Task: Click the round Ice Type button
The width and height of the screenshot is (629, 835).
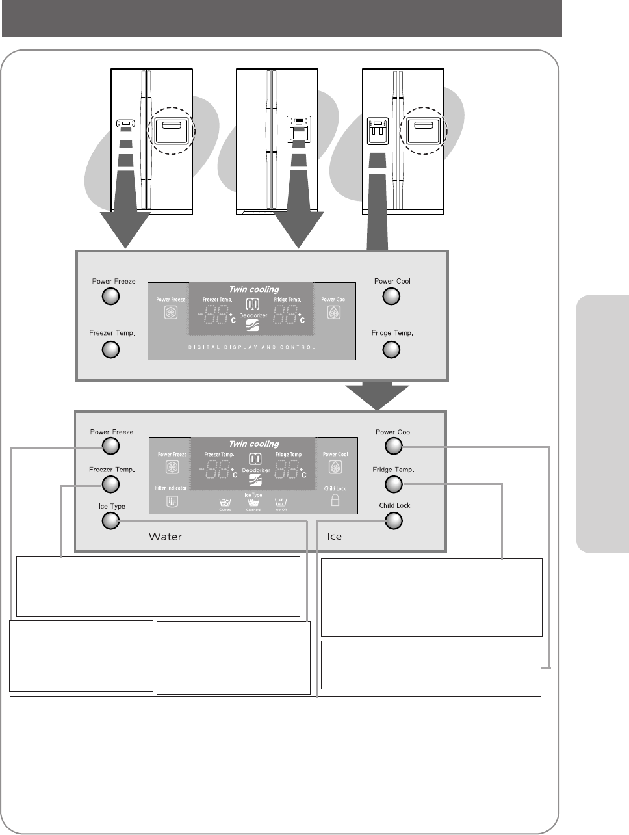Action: [x=111, y=521]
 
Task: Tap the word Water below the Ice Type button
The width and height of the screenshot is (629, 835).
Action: [x=165, y=537]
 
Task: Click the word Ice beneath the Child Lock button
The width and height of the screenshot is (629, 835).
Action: [x=334, y=537]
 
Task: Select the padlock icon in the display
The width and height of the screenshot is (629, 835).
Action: [x=335, y=501]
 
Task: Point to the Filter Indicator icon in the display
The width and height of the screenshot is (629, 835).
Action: [x=172, y=501]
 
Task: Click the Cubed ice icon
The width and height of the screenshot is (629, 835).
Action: [x=225, y=502]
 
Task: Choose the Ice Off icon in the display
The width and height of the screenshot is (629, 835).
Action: [x=281, y=502]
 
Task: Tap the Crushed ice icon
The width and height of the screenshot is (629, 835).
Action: [x=253, y=502]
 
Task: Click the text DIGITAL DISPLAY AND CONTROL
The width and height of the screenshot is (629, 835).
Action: [x=252, y=347]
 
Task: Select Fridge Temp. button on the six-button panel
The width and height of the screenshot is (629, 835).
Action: [x=393, y=484]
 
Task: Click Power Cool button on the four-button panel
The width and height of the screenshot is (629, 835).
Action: [x=391, y=297]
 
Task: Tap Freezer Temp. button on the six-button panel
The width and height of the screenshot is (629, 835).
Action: [x=111, y=484]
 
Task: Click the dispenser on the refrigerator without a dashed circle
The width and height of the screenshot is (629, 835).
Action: [x=298, y=129]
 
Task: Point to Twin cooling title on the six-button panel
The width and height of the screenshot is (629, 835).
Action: [x=253, y=444]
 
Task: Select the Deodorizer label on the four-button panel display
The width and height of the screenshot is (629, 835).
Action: [x=253, y=315]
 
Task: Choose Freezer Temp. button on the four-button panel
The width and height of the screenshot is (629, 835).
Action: [x=111, y=350]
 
